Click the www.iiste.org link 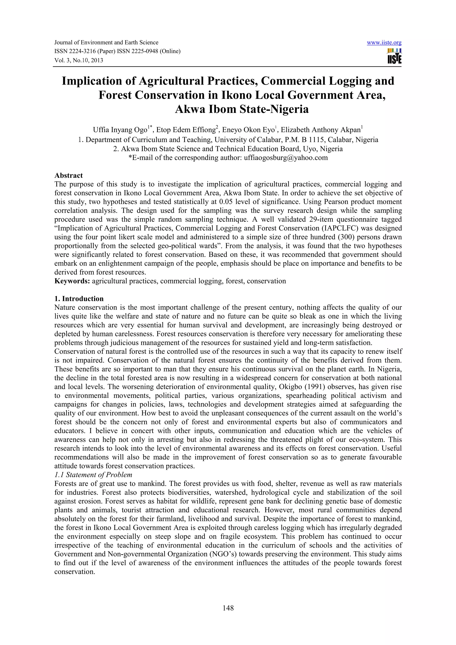(384, 43)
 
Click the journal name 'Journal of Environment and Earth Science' (106, 43)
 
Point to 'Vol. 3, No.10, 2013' (78, 60)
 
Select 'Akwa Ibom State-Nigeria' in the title (242, 109)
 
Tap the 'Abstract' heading (69, 176)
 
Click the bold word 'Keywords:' (72, 281)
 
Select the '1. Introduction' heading (79, 299)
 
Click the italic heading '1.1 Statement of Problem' (93, 475)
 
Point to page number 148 (228, 608)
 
